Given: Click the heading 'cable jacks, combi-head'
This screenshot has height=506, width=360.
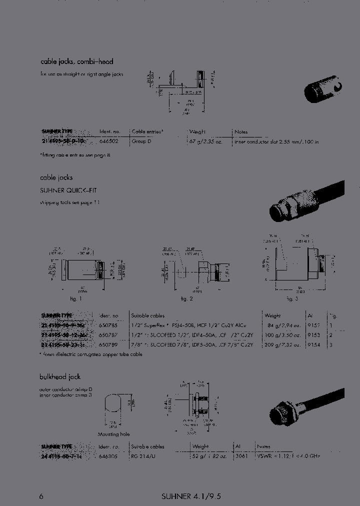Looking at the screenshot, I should click(x=76, y=61).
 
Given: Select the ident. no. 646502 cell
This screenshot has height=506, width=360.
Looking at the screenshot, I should click(x=108, y=141).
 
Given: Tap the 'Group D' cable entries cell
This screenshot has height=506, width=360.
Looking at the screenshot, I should click(x=141, y=141).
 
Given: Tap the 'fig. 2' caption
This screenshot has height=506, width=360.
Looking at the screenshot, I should click(x=186, y=298).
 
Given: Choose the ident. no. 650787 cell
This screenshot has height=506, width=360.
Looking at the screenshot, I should click(x=108, y=335).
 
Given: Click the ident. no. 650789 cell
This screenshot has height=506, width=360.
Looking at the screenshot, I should click(x=108, y=344).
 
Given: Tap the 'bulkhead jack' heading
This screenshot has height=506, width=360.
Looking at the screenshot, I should click(x=60, y=376).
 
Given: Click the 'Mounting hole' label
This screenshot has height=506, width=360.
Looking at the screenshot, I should click(x=113, y=434).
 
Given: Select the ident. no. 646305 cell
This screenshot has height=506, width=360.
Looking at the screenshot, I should click(x=108, y=455).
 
